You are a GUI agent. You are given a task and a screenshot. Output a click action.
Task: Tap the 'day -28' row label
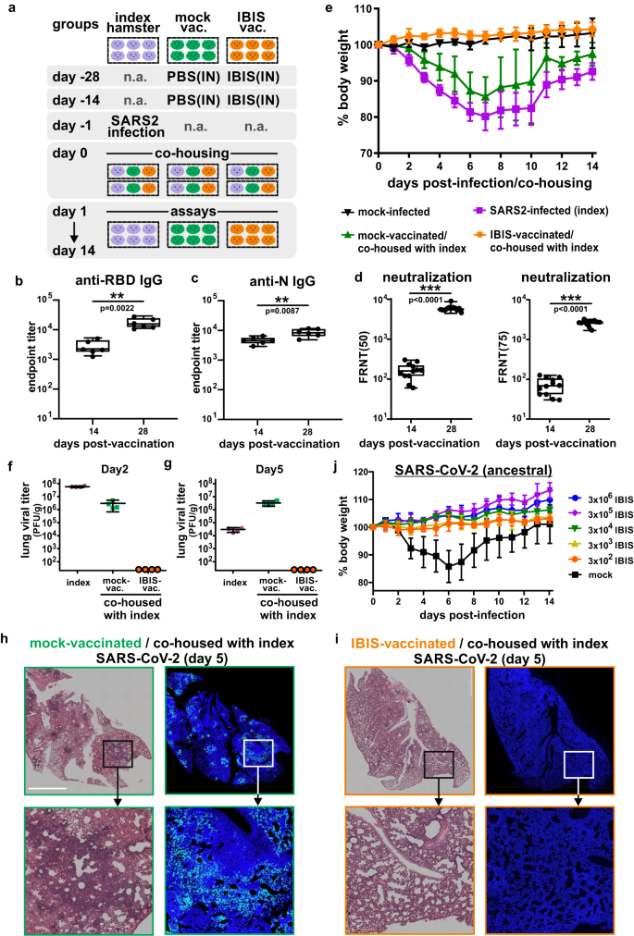(41, 76)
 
